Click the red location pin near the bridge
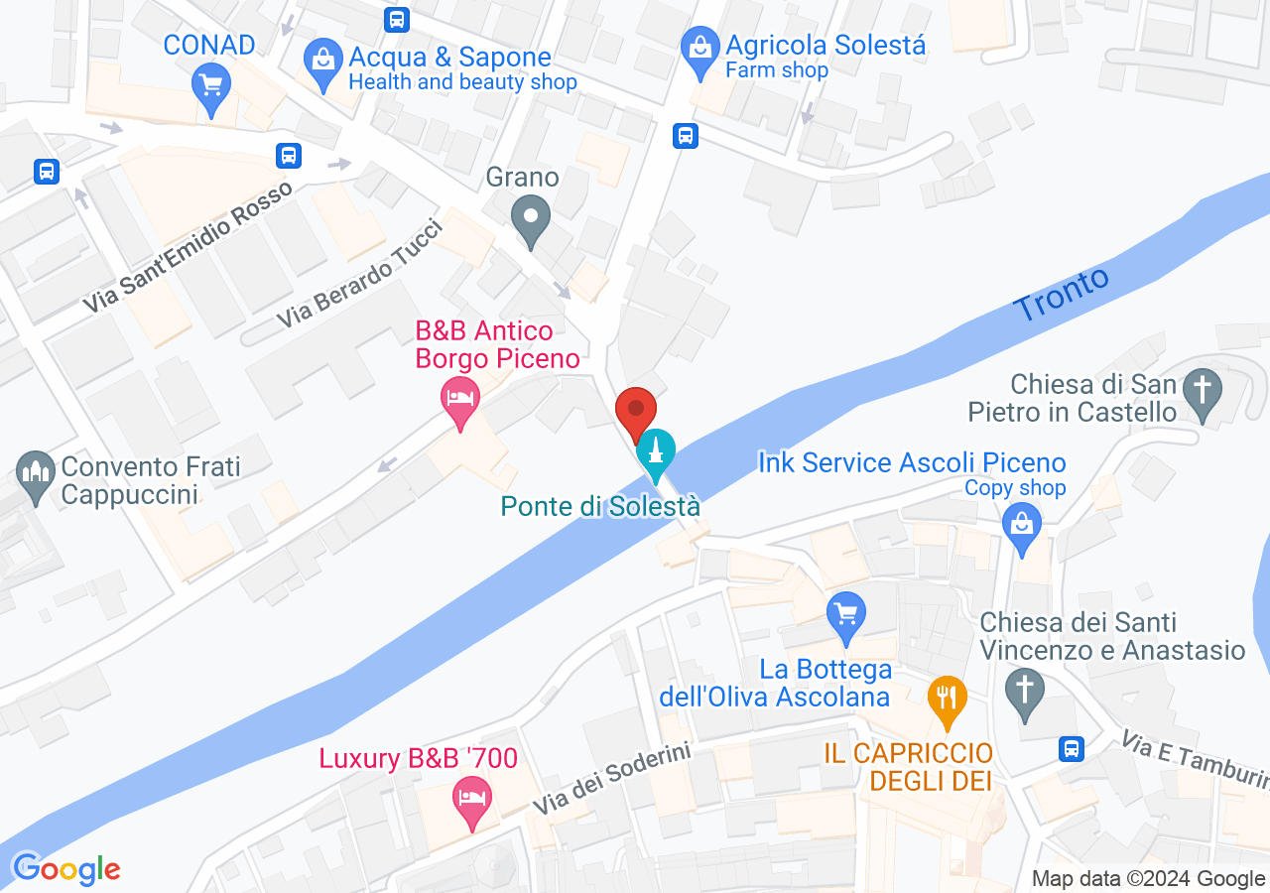[636, 409]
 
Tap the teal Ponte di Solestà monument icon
[655, 451]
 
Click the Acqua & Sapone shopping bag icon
[322, 60]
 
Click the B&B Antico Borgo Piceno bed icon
[459, 398]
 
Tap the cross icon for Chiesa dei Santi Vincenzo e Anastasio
[1024, 687]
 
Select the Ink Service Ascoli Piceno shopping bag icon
[1022, 522]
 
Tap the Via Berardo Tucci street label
[358, 273]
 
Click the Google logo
[65, 870]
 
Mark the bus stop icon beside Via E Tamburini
[1071, 748]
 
